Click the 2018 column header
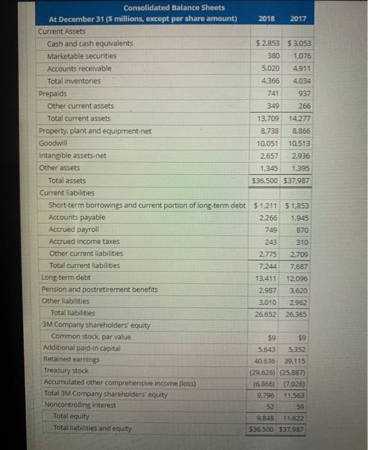coord(266,19)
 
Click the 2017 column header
coord(298,19)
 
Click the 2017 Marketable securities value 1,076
coord(299,56)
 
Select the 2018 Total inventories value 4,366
coord(269,81)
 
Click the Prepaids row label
coord(53,93)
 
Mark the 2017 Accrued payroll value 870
coord(301,230)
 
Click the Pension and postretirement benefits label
coord(99,289)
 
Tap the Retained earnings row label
coord(71,359)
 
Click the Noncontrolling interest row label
coord(80,405)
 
